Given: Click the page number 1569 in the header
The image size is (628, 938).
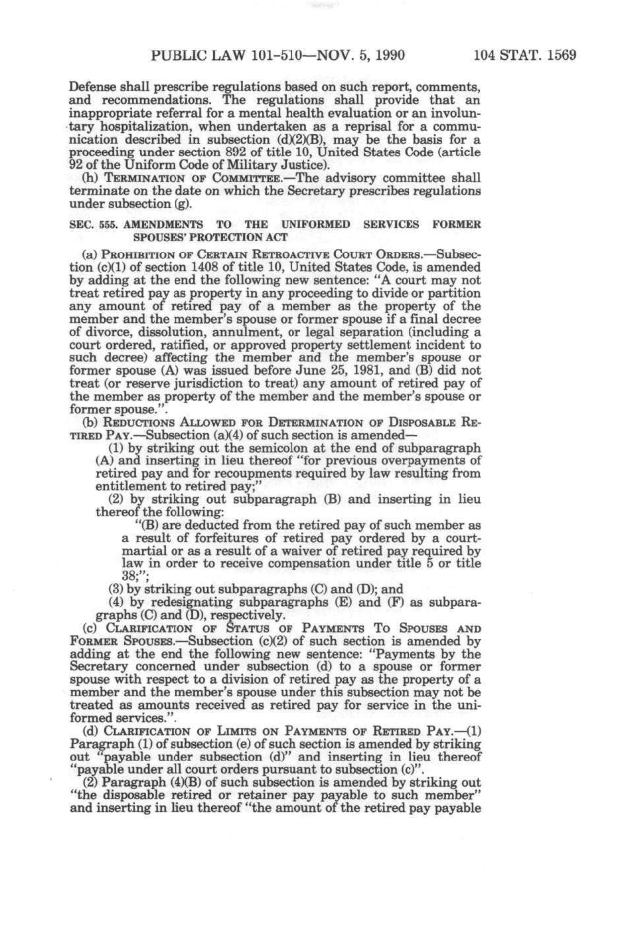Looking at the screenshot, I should coord(561,55).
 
